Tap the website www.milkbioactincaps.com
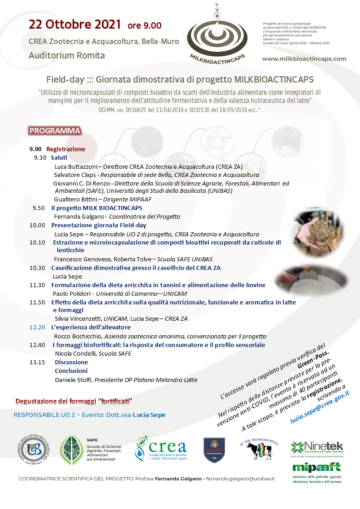tap(304, 59)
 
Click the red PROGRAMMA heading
tap(54, 131)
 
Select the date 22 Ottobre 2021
tap(75, 24)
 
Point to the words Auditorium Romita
tap(67, 55)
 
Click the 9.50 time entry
tap(39, 208)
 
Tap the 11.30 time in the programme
tap(37, 285)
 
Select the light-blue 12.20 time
tap(37, 327)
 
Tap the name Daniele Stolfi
tap(73, 380)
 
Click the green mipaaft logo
tap(316, 467)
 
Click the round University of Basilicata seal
tap(35, 449)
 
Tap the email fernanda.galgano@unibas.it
tap(241, 479)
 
